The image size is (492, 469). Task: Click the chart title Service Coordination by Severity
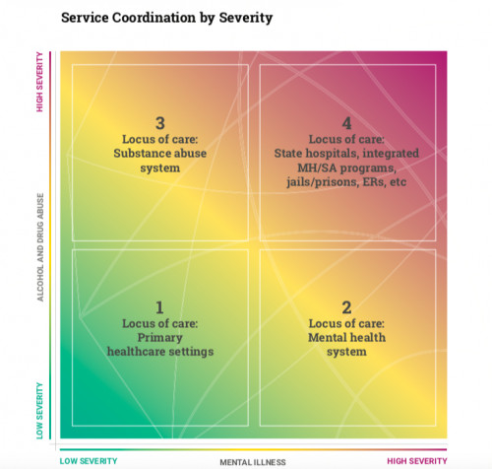(166, 18)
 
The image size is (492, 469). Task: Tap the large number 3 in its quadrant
(160, 123)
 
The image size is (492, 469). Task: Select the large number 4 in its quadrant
(346, 123)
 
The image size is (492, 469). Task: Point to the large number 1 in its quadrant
(159, 307)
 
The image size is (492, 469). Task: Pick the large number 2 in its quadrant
(346, 307)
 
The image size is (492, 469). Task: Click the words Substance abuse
(160, 154)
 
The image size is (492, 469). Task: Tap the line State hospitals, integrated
(346, 154)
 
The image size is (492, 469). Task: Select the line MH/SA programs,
(346, 168)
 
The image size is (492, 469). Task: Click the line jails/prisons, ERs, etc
(346, 182)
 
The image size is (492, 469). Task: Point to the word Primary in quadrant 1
(160, 338)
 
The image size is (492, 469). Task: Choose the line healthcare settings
(160, 352)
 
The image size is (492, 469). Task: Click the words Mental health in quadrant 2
(346, 338)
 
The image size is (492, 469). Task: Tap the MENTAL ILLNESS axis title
(253, 462)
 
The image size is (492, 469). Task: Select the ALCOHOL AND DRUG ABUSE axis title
(40, 247)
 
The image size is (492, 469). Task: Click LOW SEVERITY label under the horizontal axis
(89, 461)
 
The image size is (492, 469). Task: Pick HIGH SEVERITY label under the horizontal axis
(417, 461)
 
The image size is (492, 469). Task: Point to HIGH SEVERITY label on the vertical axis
(39, 82)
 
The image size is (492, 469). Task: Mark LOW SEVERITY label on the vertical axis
(39, 411)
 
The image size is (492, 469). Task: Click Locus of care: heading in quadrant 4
(346, 139)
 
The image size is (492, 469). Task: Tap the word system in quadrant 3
(160, 168)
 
